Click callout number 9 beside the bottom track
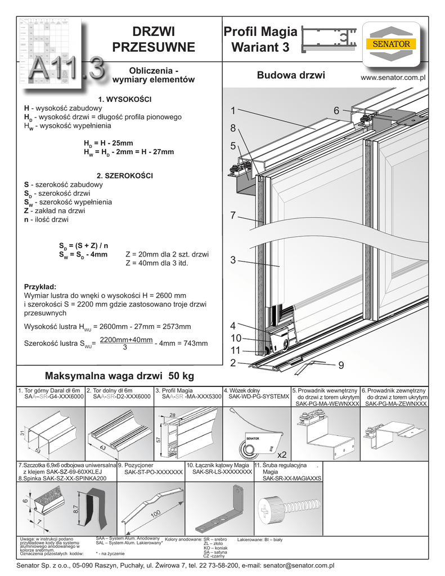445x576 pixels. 340,366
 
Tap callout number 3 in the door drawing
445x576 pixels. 233,260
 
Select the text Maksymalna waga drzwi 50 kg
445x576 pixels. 119,376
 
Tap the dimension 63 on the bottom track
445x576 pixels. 104,448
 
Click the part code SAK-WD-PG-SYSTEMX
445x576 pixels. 256,397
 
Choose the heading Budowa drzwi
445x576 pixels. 291,75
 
